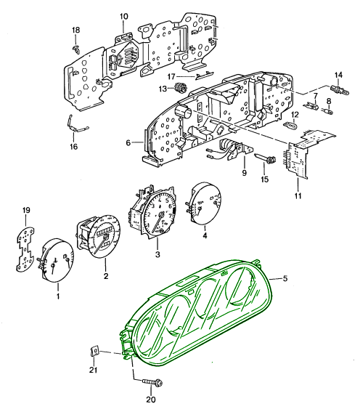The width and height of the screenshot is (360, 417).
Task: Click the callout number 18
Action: pos(76,30)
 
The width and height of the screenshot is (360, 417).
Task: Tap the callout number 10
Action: pos(123,17)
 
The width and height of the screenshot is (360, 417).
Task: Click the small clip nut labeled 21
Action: pos(94,352)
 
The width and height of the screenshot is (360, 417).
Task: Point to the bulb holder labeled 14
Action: pos(340,90)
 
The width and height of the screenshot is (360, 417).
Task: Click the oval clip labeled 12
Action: pos(292,125)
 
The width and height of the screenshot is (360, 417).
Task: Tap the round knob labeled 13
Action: pos(181,87)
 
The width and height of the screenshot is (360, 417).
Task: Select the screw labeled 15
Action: pos(265,158)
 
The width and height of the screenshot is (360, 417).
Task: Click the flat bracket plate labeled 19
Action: pos(25,249)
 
